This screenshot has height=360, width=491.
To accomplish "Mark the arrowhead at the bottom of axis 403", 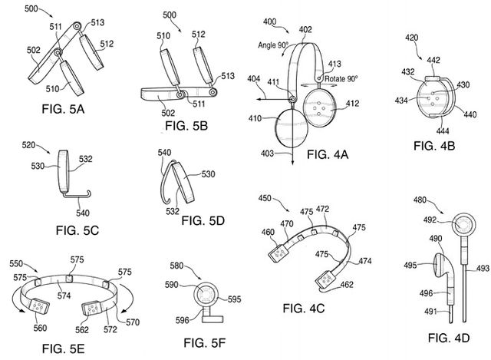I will point(292,163).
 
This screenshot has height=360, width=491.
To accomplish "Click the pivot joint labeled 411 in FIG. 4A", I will point(293,97).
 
